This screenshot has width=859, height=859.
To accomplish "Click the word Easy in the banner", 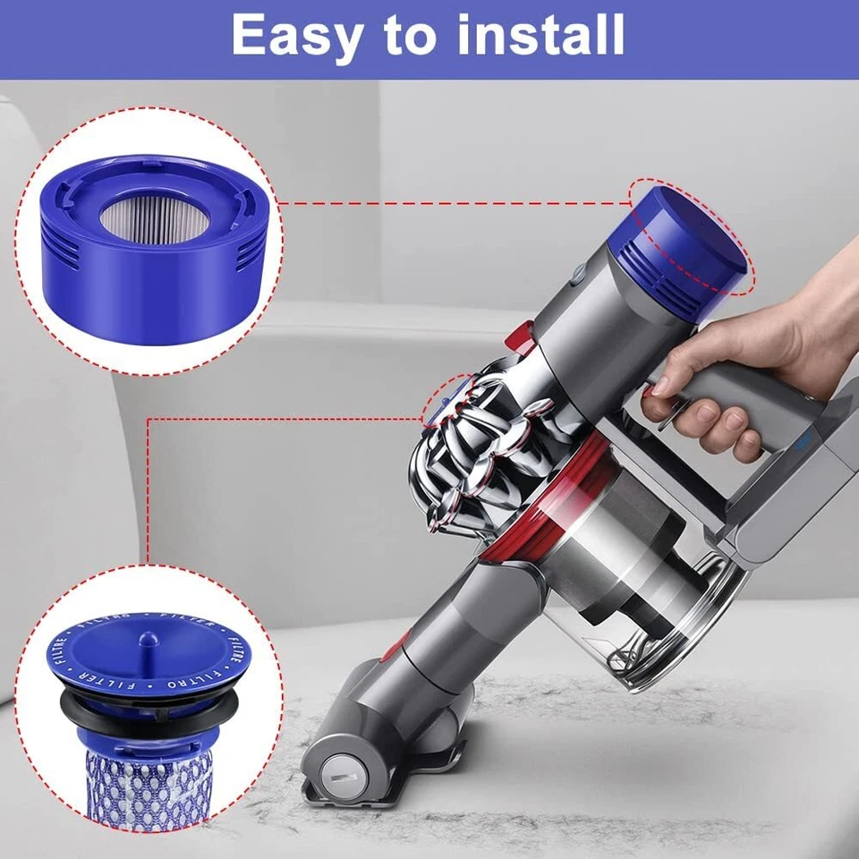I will click(296, 36).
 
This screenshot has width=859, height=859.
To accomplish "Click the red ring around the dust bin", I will click(537, 528).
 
